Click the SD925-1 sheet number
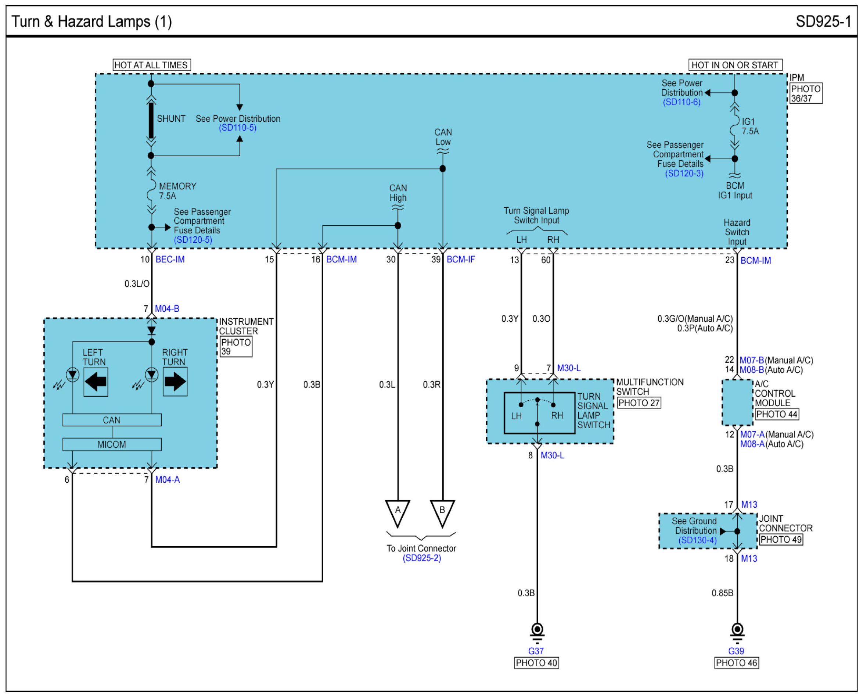point(823,21)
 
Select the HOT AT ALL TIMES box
point(151,65)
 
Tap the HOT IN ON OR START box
point(735,65)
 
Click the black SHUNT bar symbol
point(151,121)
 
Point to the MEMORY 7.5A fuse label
point(177,191)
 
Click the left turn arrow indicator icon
point(96,382)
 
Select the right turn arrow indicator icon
point(175,382)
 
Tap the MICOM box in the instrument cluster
point(112,444)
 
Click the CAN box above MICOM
point(112,420)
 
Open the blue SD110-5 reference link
point(237,128)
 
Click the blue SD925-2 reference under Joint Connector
point(422,558)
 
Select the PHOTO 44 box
point(777,414)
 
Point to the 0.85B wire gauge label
point(722,593)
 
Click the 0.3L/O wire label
point(137,284)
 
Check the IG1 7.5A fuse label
point(750,126)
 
